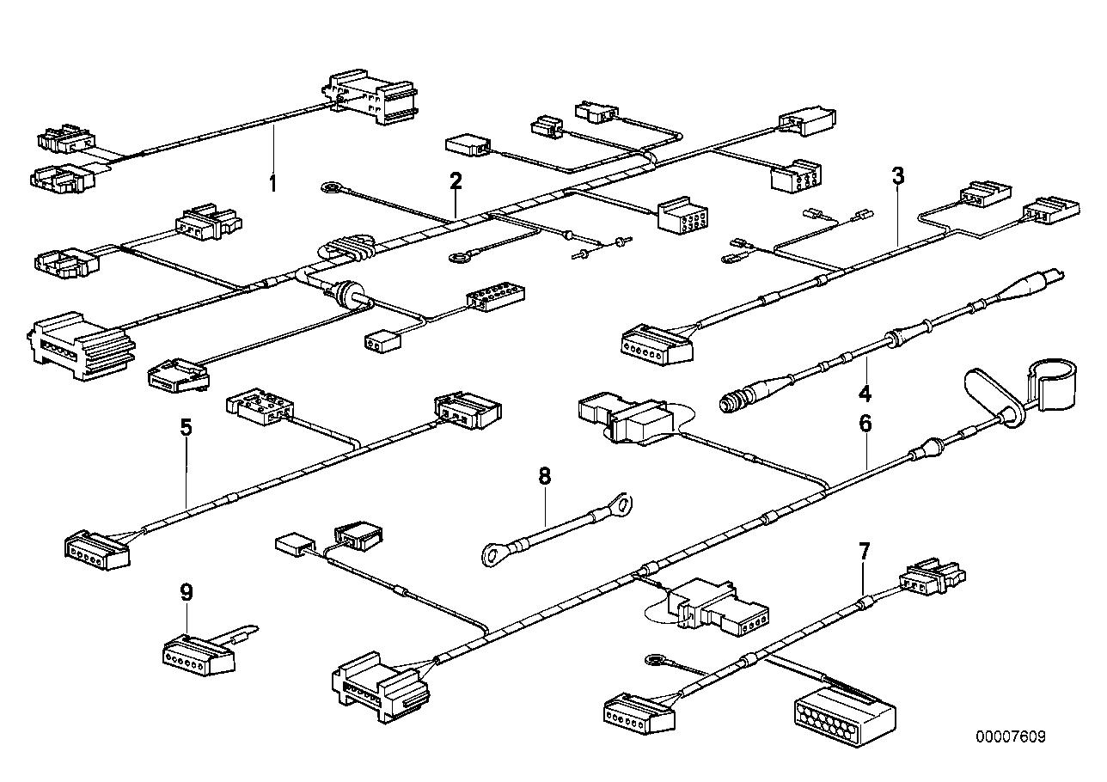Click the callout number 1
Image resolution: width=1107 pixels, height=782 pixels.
pos(273,182)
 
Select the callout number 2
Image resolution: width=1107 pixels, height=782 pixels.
pos(456,180)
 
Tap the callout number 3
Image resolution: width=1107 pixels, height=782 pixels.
pos(898,176)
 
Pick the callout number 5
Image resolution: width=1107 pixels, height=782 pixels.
pos(187,427)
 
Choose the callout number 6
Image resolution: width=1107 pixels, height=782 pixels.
pos(865,423)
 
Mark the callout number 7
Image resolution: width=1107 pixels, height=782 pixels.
pos(865,550)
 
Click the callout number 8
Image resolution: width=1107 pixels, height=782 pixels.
pos(544,476)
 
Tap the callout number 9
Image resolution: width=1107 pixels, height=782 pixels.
pos(187,592)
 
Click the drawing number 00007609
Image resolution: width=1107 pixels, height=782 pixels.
pos(1011,737)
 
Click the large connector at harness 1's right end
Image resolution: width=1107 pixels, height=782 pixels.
pos(371,99)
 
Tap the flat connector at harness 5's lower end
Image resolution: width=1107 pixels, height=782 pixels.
pos(96,548)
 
